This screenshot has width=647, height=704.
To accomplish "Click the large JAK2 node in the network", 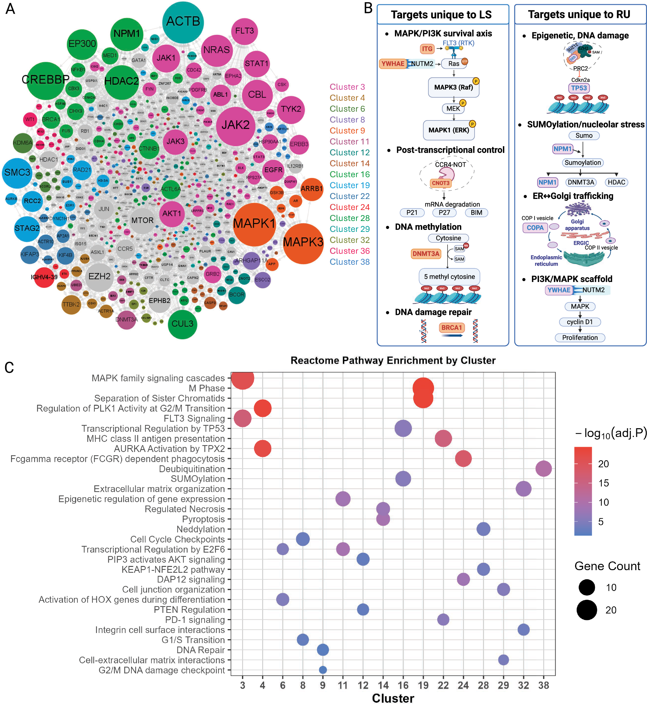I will [x=235, y=125].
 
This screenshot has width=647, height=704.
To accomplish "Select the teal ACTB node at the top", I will [x=183, y=22].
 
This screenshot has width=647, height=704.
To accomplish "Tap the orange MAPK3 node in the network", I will [x=303, y=243].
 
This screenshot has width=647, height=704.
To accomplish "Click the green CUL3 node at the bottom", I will [x=182, y=324].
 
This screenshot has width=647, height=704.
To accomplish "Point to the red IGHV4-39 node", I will [x=44, y=277].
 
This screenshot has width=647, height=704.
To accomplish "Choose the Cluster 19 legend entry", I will [x=349, y=185].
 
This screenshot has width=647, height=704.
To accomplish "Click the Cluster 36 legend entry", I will [x=349, y=251].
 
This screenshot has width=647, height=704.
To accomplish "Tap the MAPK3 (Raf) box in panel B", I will [x=453, y=88].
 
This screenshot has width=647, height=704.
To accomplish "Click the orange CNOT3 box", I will [x=440, y=183].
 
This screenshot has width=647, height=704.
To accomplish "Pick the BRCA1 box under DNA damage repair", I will [x=451, y=328].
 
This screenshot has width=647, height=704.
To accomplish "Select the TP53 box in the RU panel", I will [x=579, y=88].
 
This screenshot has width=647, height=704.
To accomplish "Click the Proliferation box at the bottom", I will [x=580, y=337].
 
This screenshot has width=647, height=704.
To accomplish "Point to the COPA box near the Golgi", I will [x=535, y=228].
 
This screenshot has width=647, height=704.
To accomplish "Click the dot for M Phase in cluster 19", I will [x=423, y=388].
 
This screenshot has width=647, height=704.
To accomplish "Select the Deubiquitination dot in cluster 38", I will [x=543, y=469].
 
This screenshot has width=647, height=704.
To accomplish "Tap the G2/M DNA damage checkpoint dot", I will [x=323, y=670].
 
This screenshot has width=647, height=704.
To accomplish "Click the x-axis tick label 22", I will [x=443, y=685].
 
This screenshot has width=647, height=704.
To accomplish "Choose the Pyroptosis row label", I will [x=203, y=519].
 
